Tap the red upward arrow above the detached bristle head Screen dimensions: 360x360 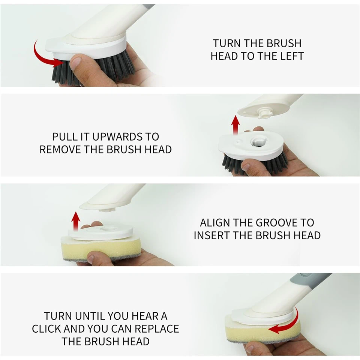[235, 125]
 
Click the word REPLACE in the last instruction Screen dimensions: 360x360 [157, 329]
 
